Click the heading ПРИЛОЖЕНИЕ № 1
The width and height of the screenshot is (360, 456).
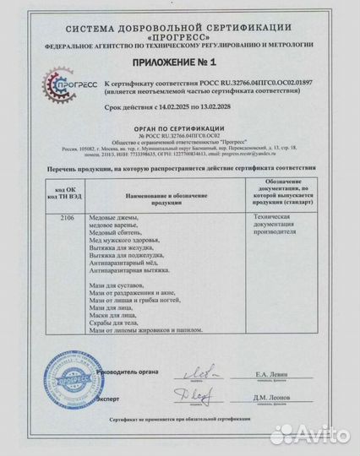(x=179, y=62)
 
